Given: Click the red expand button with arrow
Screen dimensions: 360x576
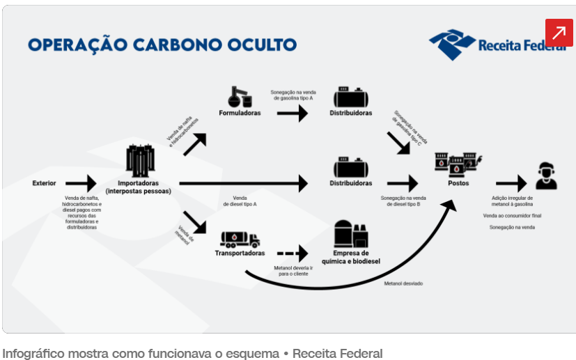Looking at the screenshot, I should (x=559, y=32).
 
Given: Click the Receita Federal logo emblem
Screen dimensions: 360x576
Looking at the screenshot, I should (x=451, y=45).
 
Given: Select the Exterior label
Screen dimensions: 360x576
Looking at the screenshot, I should (x=45, y=183).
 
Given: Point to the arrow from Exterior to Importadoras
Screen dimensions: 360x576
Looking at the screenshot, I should (x=81, y=184).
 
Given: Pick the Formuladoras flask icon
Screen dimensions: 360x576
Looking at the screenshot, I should (x=239, y=95).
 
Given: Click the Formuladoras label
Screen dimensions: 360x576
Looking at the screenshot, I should (x=240, y=113).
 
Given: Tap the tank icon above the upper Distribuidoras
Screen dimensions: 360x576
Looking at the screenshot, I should (x=350, y=97).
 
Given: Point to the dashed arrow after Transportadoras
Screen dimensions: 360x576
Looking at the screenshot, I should (x=292, y=253).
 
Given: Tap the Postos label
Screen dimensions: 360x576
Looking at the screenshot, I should (x=458, y=184).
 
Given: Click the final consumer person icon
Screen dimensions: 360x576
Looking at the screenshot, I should (x=546, y=176).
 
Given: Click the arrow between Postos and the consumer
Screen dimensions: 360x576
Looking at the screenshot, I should (x=511, y=184).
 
